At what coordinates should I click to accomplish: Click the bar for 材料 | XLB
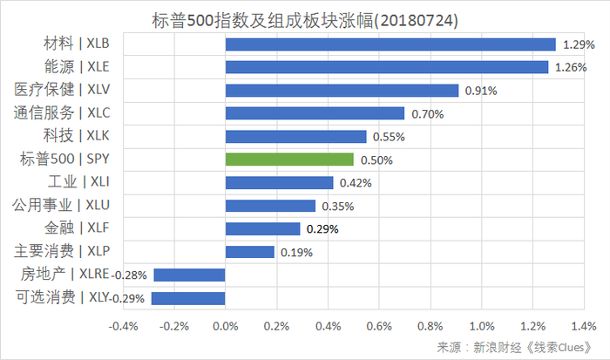coord(390,44)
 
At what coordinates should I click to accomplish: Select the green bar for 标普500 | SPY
coord(289,160)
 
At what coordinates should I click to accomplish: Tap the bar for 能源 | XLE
coord(386,67)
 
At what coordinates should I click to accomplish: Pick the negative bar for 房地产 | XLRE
coord(189,275)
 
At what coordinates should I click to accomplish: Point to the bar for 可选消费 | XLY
coord(188,298)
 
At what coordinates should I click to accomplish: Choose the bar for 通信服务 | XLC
coord(315,113)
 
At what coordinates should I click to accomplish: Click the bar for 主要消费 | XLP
coord(249,252)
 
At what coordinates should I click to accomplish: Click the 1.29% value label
coord(578,44)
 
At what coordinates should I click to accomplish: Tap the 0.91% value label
coord(481,91)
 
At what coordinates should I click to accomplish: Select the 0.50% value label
coord(376,160)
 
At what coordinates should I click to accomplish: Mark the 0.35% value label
coord(338,207)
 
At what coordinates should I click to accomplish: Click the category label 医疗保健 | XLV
coord(68,90)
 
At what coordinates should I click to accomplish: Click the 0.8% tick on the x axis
coord(430,327)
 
